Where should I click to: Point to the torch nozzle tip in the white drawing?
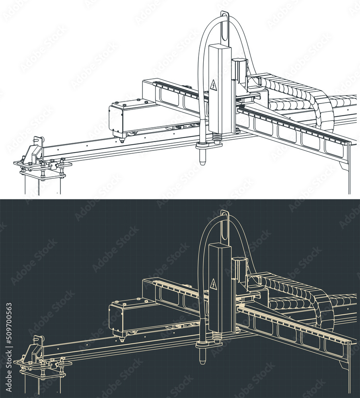[203, 162]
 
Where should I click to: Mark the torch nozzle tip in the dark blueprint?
[203, 361]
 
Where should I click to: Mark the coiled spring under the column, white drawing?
[218, 138]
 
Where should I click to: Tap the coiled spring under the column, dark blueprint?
[218, 337]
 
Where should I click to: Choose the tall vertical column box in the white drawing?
[220, 88]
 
